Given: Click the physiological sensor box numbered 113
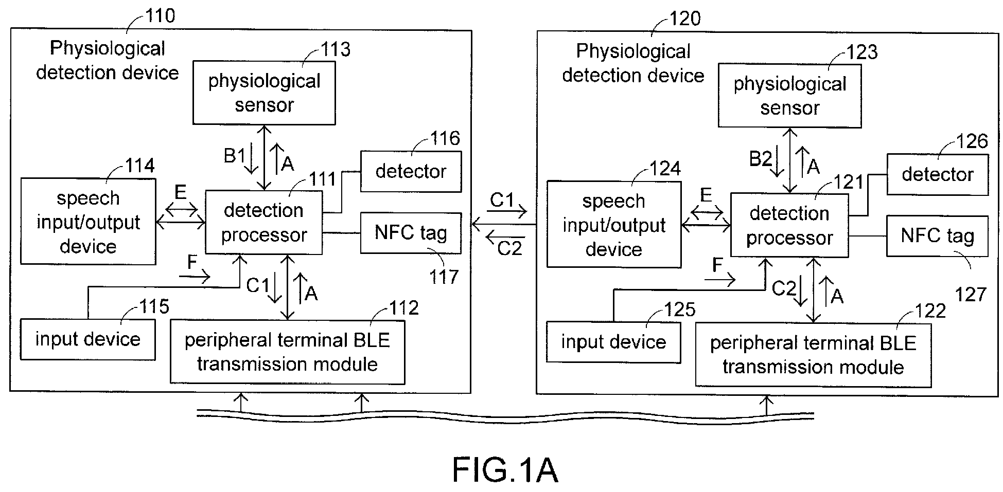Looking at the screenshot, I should coord(264,93).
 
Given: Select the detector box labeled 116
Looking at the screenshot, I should coord(411,171).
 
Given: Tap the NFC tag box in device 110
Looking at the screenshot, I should coord(411,233).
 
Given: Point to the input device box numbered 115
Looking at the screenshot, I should coord(88,339).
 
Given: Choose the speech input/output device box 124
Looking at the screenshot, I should coord(613,225).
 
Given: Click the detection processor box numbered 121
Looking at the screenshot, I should coord(789,225).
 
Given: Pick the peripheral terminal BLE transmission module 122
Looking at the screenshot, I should coord(813,355).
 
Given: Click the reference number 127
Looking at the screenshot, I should coord(971,295).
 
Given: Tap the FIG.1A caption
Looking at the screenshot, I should coord(505,470).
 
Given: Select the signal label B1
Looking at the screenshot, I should coord(234,155).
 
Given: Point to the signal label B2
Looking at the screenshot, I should coord(760,158).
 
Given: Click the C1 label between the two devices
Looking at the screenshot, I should coord(502,200).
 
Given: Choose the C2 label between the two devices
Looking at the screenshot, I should coord(509,249).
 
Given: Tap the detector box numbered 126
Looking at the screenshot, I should coord(937,174).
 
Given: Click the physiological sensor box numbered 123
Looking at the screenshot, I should coord(789,96).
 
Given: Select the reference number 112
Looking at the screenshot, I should coord(403,307).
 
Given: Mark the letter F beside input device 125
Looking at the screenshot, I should coord(717,265).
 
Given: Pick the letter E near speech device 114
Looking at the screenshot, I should coord(180,192).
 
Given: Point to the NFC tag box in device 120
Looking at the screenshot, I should coord(937,236).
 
